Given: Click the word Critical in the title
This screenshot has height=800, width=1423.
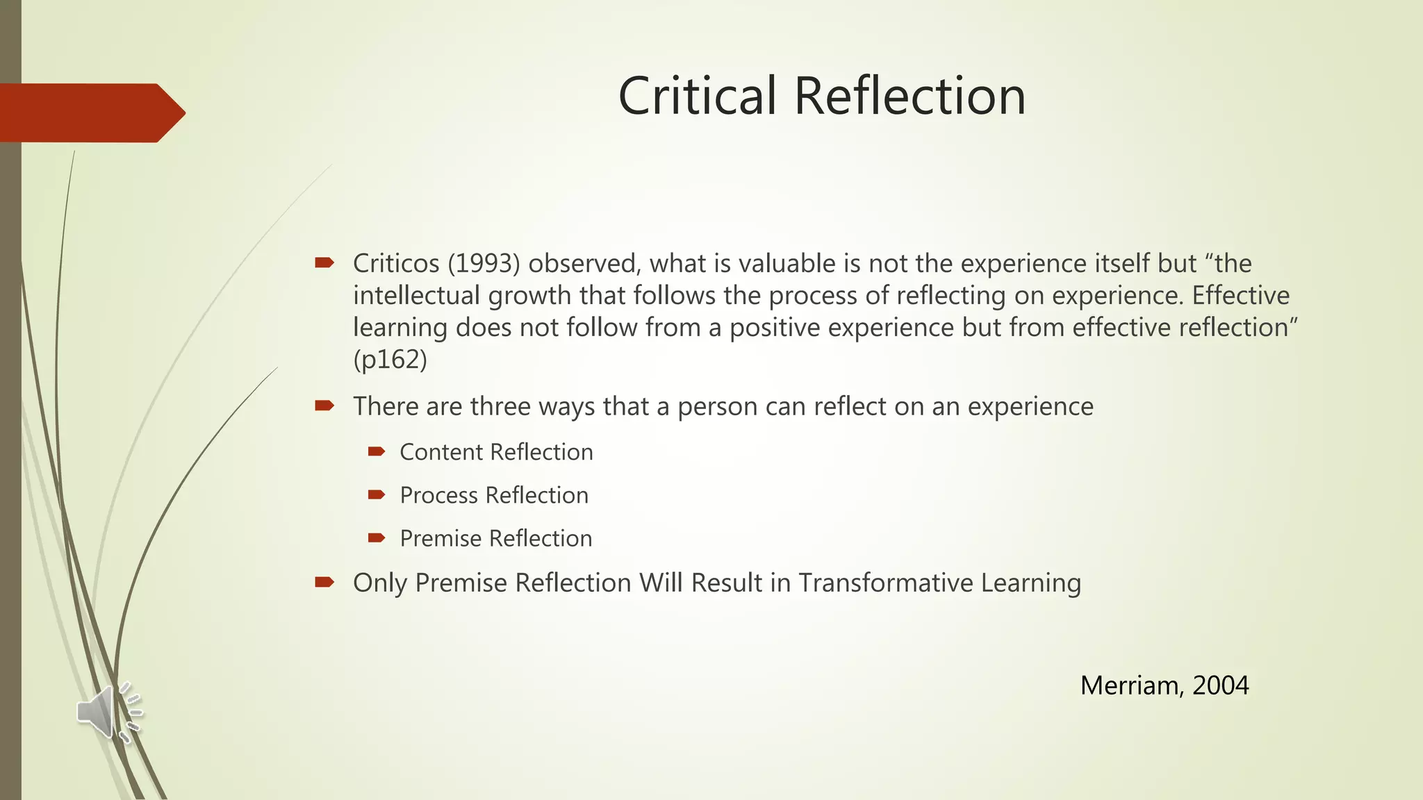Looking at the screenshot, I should pyautogui.click(x=697, y=96).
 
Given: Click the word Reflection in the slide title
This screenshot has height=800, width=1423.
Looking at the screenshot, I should pyautogui.click(x=910, y=96).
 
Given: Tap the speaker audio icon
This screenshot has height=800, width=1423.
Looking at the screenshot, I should pyautogui.click(x=108, y=712).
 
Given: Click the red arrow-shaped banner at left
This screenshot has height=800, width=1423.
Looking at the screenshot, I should pyautogui.click(x=90, y=112).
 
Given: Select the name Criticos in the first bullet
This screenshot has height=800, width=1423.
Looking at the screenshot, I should pyautogui.click(x=396, y=264).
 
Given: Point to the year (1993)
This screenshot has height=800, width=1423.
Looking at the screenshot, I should pyautogui.click(x=484, y=264).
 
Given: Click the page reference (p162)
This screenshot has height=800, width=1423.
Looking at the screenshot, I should pyautogui.click(x=390, y=360).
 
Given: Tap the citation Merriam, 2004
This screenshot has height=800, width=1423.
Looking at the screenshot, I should pyautogui.click(x=1165, y=685).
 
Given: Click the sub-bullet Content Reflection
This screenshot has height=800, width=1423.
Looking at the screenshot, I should pyautogui.click(x=496, y=452).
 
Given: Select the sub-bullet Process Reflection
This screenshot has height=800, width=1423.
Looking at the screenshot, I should pyautogui.click(x=494, y=495).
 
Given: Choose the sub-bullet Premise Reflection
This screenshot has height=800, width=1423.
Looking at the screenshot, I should pyautogui.click(x=496, y=538).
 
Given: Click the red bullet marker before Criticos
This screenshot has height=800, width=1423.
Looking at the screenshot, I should pyautogui.click(x=324, y=262).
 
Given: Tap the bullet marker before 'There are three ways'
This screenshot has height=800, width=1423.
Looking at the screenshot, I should pyautogui.click(x=324, y=406).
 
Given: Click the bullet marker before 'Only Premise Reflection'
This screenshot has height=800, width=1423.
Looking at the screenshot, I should pyautogui.click(x=324, y=582).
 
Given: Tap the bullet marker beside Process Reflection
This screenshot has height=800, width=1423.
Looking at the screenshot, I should pyautogui.click(x=377, y=494).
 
